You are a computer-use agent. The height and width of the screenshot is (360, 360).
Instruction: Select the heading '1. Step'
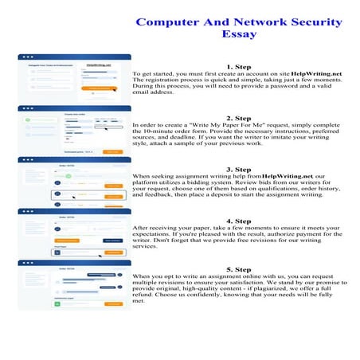(x=239, y=66)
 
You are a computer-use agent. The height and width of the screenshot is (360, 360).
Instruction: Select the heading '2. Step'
(x=239, y=118)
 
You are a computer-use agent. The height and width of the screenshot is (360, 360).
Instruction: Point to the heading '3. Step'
(x=239, y=170)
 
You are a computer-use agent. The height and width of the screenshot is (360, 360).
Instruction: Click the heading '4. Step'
(x=239, y=221)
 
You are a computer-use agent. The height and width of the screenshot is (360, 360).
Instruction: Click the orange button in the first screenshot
(x=102, y=88)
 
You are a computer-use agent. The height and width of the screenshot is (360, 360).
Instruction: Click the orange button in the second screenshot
(x=112, y=151)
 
